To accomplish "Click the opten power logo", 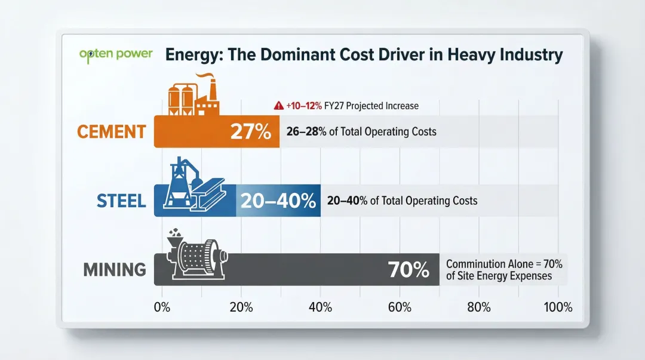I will tap(115, 54).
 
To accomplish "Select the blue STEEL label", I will tap(121, 200).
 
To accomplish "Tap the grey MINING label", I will tap(115, 269).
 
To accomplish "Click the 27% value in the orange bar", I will tap(251, 132).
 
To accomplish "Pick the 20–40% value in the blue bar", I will tap(278, 201).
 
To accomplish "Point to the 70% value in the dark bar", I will tap(408, 270).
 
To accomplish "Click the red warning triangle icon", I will tap(278, 106).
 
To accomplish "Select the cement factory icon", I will tap(192, 96).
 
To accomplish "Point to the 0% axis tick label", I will tap(162, 307).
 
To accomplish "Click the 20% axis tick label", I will tap(241, 307).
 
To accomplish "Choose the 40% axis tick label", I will tap(320, 307).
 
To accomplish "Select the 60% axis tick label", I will tap(399, 307).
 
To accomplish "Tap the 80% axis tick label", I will tap(478, 307).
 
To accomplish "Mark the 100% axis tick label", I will tap(557, 307).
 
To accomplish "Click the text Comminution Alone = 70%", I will tap(504, 264).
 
